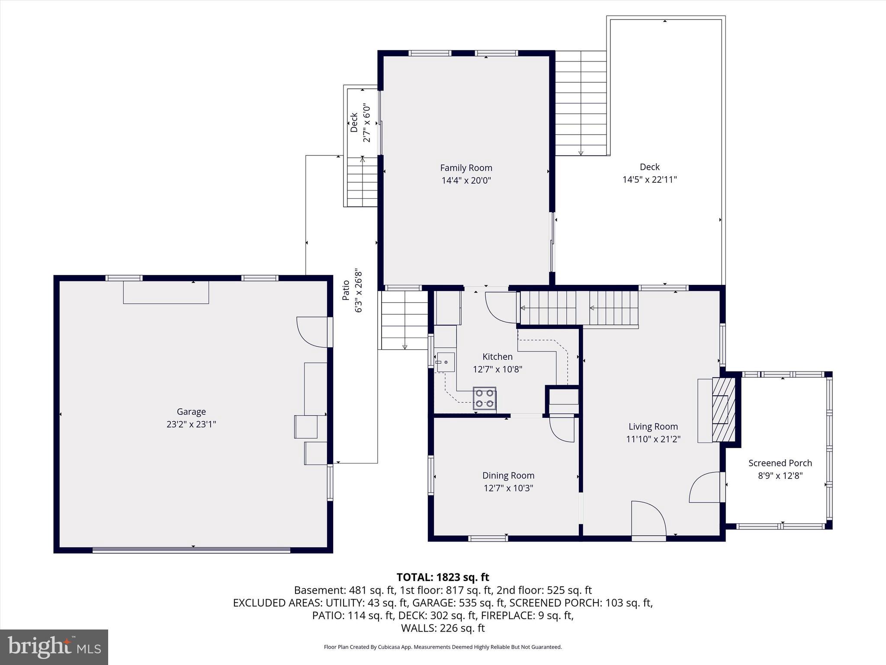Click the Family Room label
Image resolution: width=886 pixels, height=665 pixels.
click(466, 168)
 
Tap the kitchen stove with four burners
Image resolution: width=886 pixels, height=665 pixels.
click(485, 398)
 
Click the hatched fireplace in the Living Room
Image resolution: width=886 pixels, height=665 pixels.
click(723, 409)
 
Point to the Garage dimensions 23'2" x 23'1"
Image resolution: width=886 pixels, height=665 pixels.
click(191, 424)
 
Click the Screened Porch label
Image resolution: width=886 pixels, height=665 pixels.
click(780, 463)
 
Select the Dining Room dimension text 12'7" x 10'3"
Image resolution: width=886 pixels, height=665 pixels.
click(508, 488)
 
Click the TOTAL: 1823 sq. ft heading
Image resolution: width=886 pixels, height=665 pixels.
click(443, 577)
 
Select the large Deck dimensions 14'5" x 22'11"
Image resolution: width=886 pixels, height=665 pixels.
click(649, 179)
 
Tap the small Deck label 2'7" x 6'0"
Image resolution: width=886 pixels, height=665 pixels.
click(360, 123)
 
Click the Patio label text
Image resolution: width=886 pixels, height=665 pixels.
click(346, 290)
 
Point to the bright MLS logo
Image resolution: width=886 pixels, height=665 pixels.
click(54, 647)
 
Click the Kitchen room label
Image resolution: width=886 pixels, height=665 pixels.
click(498, 357)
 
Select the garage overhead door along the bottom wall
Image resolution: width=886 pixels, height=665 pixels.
click(191, 550)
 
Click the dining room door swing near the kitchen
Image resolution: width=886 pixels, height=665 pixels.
click(562, 429)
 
